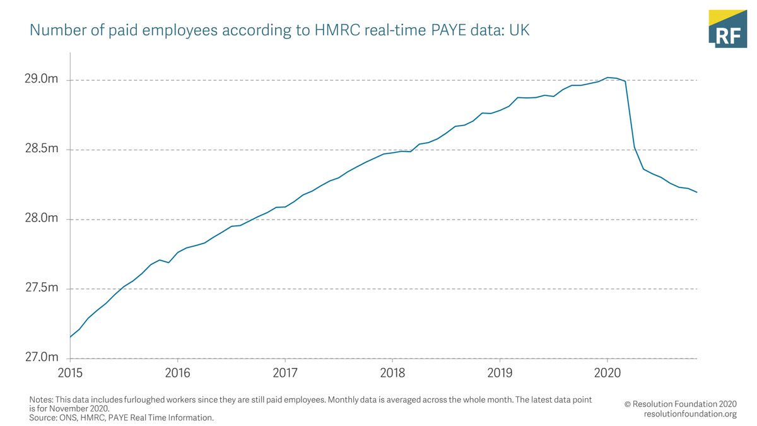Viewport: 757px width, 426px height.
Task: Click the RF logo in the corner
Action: [729, 28]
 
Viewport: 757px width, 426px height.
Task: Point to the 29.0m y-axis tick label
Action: [41, 80]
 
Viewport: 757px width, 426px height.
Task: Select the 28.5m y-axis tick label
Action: [41, 149]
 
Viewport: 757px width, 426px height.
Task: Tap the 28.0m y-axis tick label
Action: [41, 218]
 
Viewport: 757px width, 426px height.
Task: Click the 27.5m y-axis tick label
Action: [41, 288]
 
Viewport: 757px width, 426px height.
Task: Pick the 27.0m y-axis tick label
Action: [41, 357]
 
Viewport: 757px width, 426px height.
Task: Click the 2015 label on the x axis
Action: [71, 372]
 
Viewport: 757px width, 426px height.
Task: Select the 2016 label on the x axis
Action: [178, 372]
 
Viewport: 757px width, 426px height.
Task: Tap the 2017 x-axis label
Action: [285, 372]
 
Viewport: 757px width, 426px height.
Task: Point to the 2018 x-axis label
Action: [392, 372]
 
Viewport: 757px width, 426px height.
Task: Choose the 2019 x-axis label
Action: [500, 372]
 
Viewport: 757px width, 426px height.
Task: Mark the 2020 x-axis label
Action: [607, 372]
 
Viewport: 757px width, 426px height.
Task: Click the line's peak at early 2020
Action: [607, 78]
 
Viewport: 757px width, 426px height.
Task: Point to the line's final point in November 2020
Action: [696, 192]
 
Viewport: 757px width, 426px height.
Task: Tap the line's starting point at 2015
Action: [70, 337]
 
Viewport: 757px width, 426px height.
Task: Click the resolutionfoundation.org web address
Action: [690, 414]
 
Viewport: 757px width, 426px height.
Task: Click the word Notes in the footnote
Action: [42, 400]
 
